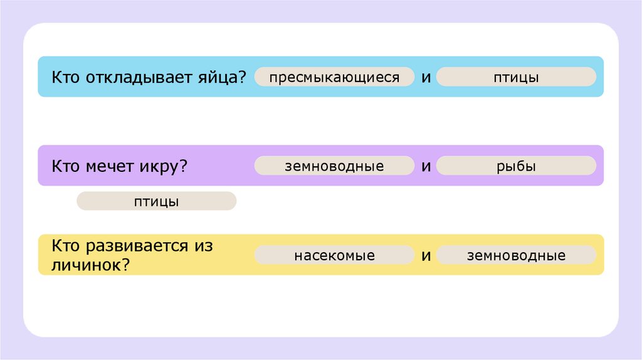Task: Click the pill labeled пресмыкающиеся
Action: tap(334, 77)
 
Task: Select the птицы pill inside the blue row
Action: tap(516, 77)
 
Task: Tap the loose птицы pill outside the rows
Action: tap(156, 201)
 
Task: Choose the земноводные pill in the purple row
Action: tap(334, 166)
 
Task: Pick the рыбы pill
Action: tap(516, 166)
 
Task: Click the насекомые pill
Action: tap(334, 255)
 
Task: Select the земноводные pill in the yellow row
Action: tap(516, 255)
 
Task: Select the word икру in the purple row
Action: tap(159, 166)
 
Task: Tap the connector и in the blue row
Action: tap(426, 77)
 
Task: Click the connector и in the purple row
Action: tap(426, 166)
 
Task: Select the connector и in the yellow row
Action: tap(426, 255)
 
